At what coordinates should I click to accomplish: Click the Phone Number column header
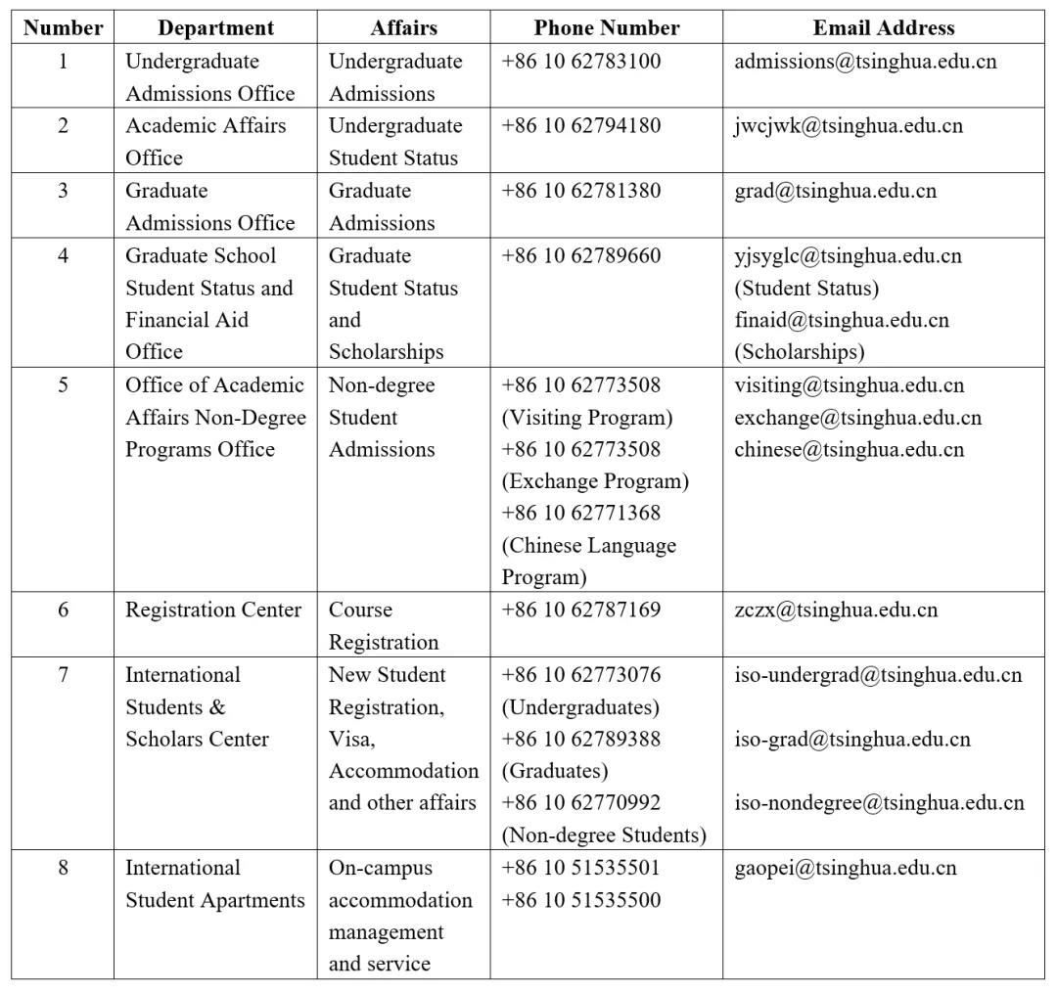point(607,27)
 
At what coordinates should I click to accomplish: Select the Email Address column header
point(884,27)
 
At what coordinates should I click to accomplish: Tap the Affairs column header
point(403,27)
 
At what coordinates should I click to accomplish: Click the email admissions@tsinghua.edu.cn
point(865,62)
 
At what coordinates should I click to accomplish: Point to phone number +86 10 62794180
point(581,126)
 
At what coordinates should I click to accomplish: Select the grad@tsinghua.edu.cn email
point(835,191)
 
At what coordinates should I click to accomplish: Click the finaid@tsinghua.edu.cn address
point(842,320)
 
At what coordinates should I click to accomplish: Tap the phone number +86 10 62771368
point(581,513)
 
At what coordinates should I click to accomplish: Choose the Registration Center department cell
point(213,610)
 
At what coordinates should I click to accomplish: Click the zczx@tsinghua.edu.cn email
point(836,610)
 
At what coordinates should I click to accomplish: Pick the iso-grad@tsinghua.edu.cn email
point(852,740)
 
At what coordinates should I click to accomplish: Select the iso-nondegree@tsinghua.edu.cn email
point(879,803)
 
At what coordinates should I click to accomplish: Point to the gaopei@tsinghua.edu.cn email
point(846,868)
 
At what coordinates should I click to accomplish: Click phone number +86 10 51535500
point(581,900)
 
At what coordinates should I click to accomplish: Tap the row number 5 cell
point(64,384)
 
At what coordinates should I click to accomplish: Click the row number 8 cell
point(64,868)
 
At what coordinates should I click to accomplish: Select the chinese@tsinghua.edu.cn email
point(849,450)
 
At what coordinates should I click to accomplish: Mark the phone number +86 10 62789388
point(581,740)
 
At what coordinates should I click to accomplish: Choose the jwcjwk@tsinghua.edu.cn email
point(848,126)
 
